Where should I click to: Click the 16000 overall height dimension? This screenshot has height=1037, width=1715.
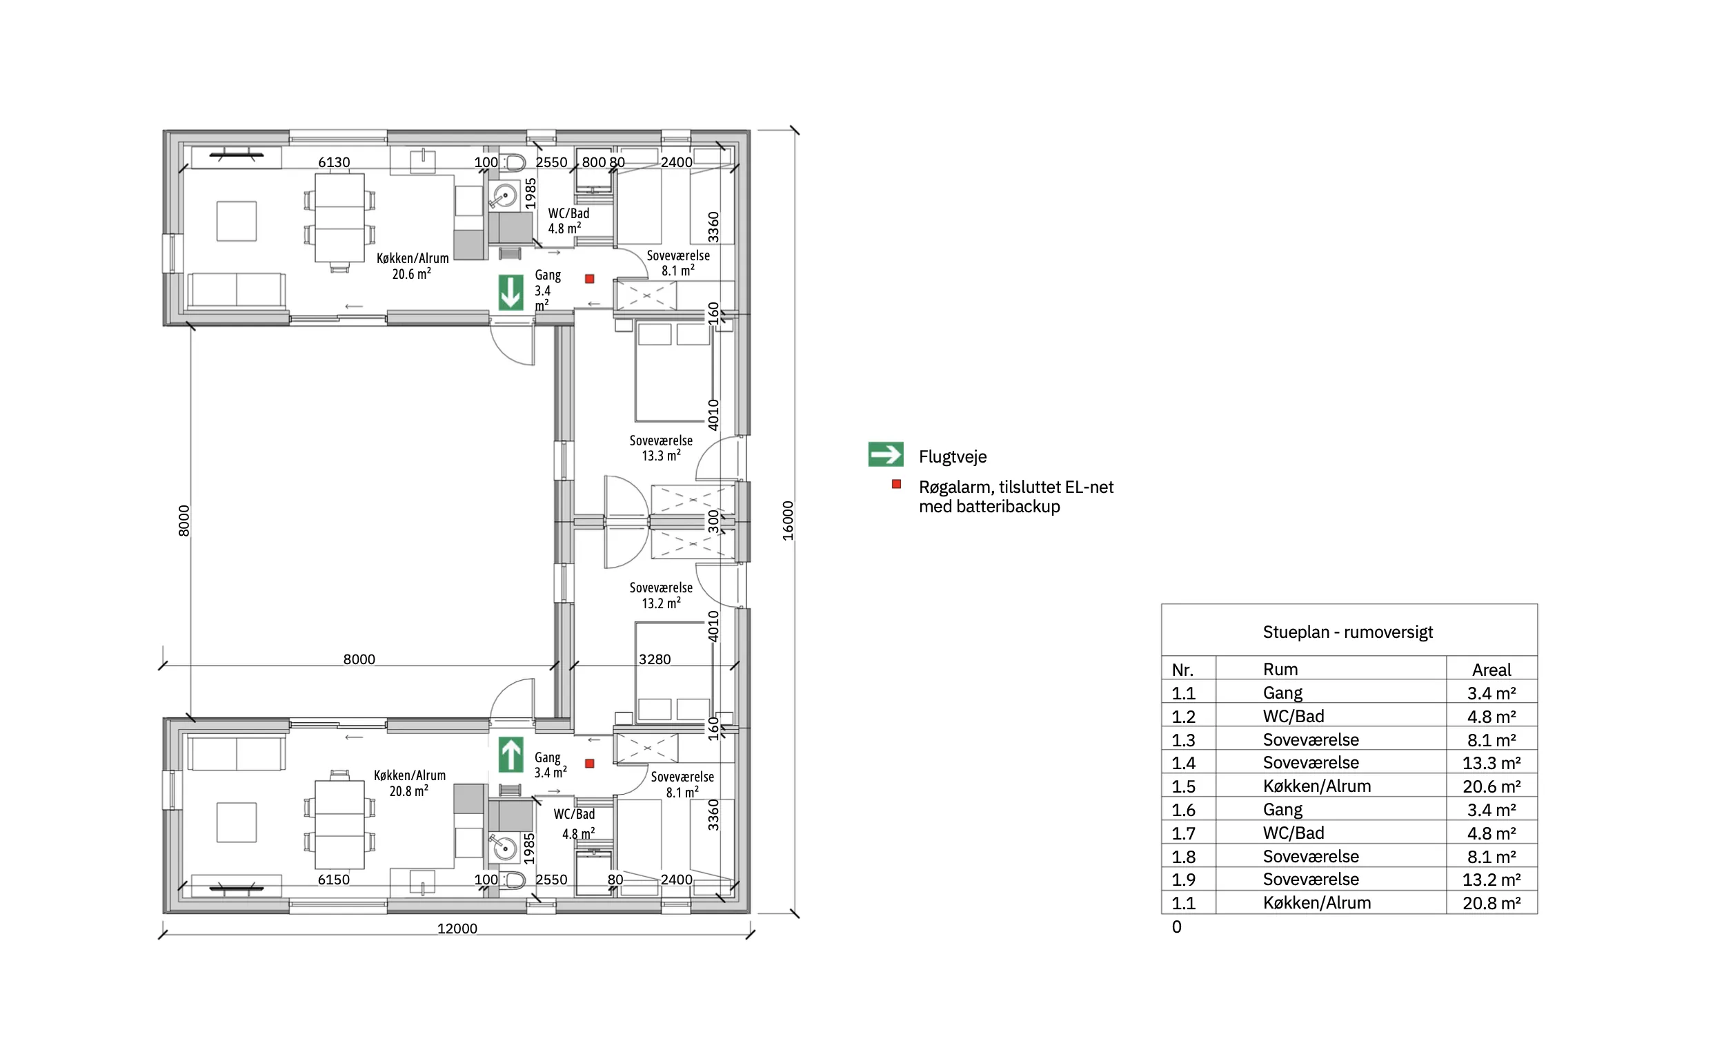click(x=787, y=521)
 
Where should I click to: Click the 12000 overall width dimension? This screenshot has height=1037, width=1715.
click(x=457, y=929)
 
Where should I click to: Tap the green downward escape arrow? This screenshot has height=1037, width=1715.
click(x=511, y=293)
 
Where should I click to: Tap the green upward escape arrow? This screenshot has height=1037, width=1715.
click(x=511, y=754)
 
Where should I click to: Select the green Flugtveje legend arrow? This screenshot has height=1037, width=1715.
click(x=886, y=455)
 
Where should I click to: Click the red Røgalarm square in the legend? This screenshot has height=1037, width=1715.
click(x=897, y=484)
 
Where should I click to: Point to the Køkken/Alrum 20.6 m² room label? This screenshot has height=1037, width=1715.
click(x=412, y=266)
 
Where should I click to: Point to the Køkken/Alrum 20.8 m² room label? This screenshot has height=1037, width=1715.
click(x=409, y=784)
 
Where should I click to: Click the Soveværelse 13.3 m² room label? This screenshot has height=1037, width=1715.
click(x=661, y=448)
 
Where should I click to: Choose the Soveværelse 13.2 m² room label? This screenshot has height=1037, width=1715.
click(x=661, y=595)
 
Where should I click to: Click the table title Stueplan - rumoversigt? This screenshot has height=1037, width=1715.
click(x=1347, y=632)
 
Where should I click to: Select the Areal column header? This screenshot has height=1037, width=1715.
click(x=1491, y=669)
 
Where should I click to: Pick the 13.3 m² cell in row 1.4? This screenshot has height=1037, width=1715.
click(x=1491, y=763)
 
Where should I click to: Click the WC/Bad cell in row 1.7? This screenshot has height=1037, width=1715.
click(x=1293, y=833)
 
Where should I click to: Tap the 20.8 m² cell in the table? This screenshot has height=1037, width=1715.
click(x=1491, y=903)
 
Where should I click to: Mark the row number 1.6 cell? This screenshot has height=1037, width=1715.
click(x=1183, y=810)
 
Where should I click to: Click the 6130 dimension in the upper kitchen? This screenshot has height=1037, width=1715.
click(x=334, y=162)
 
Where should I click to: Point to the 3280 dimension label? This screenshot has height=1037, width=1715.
click(x=655, y=659)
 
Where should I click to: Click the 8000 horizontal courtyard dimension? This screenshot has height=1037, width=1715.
click(x=359, y=659)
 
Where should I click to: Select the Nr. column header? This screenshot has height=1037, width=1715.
click(x=1182, y=670)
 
